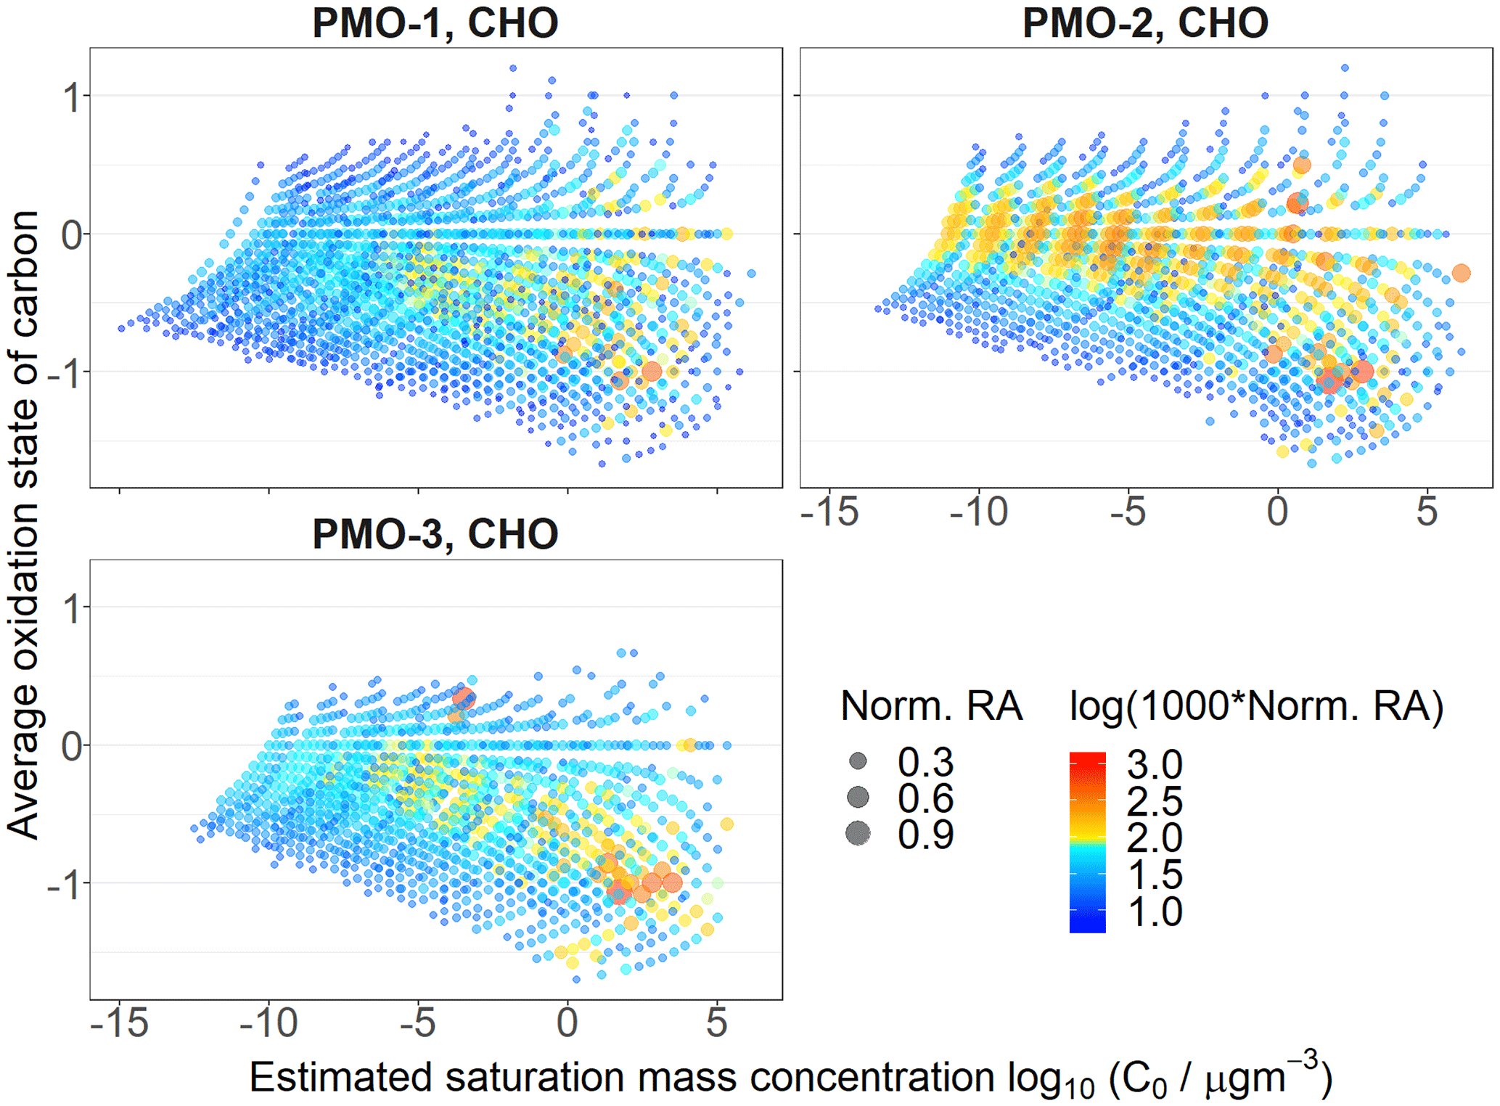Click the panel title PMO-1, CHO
(x=435, y=23)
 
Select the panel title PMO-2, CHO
(x=1145, y=23)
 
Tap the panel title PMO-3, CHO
(x=435, y=535)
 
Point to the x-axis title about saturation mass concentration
(x=790, y=1078)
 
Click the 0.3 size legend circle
(x=858, y=761)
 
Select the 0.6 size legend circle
(x=858, y=798)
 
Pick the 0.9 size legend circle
(x=858, y=833)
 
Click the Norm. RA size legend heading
(x=931, y=706)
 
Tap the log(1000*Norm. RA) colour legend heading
(x=1256, y=706)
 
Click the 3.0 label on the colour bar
(x=1155, y=764)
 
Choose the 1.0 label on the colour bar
(x=1155, y=912)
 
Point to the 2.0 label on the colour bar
(x=1155, y=837)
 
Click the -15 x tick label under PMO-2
(x=829, y=512)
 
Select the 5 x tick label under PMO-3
(x=716, y=1023)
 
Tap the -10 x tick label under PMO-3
(x=268, y=1023)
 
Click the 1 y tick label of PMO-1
(x=71, y=97)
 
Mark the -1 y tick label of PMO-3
(x=63, y=885)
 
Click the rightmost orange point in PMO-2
(x=1461, y=273)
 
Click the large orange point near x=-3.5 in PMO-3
(x=464, y=698)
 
